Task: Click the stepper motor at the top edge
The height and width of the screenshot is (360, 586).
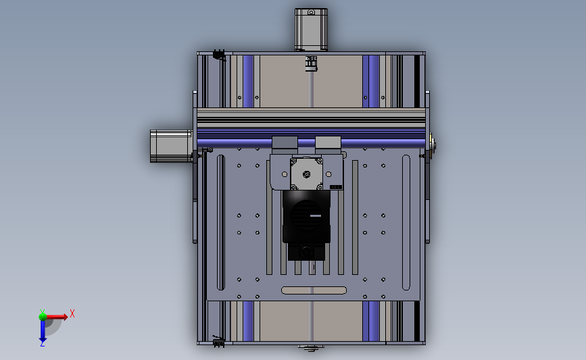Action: click(x=311, y=30)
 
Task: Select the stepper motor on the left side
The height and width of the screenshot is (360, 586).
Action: click(x=171, y=146)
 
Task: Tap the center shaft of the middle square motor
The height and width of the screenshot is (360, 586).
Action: click(x=306, y=174)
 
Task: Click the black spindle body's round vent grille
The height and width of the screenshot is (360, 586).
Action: click(x=306, y=215)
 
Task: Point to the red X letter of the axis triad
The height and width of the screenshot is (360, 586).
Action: click(x=72, y=313)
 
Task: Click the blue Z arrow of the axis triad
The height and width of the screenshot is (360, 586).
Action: click(x=43, y=331)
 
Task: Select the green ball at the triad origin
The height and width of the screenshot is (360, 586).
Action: click(x=43, y=317)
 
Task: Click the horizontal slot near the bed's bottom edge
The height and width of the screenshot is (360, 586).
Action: click(x=314, y=290)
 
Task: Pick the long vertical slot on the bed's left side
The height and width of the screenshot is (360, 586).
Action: click(x=221, y=223)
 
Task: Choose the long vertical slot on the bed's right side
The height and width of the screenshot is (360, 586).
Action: click(x=406, y=223)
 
